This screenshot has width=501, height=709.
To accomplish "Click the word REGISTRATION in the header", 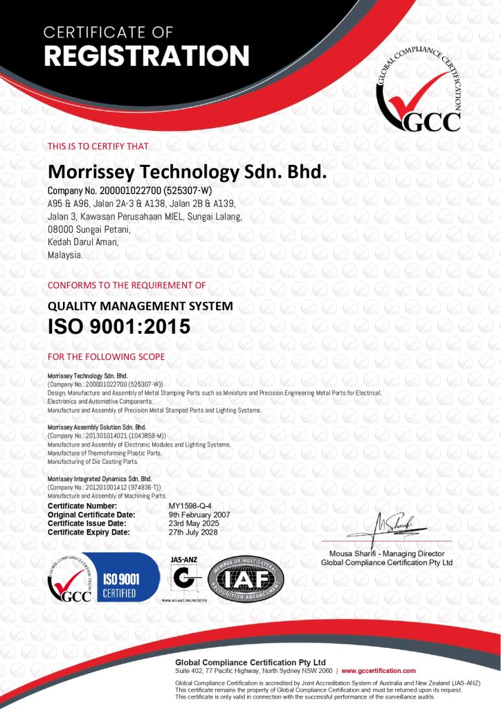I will (x=147, y=56).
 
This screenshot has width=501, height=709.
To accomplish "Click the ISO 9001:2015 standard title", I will (x=118, y=327).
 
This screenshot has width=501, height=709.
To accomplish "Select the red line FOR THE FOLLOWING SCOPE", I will (x=105, y=357).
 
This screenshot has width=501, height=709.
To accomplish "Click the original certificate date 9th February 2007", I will (x=199, y=515).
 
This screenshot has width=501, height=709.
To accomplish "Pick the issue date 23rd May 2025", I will (x=194, y=523).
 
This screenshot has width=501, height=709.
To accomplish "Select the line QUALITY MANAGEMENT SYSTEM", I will (x=140, y=305).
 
